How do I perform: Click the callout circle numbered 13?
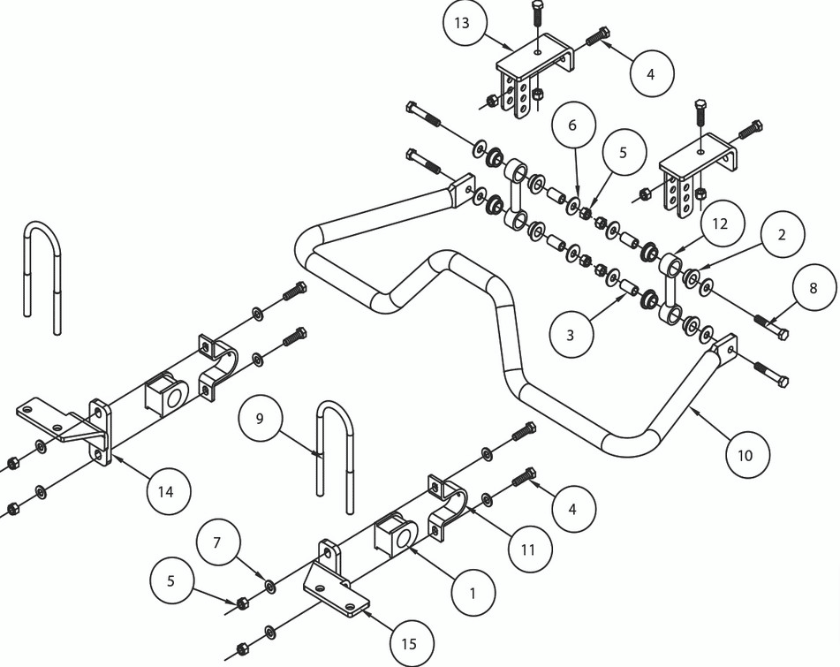pos(462,22)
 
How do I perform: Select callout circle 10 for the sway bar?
pos(746,455)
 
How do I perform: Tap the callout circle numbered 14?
pos(167,491)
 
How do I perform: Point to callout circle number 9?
pos(260,419)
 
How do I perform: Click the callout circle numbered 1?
pos(473,593)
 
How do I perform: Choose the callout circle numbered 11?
pos(528,550)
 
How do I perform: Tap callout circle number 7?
pos(217,542)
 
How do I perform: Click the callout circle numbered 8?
pos(814,288)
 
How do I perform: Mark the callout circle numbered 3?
pos(571,334)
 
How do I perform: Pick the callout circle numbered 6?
pos(572,125)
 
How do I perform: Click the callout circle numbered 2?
pos(782,234)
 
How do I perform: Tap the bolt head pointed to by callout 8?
pos(782,334)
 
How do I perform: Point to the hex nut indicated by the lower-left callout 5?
pos(242,603)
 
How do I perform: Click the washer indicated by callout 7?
pos(270,586)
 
